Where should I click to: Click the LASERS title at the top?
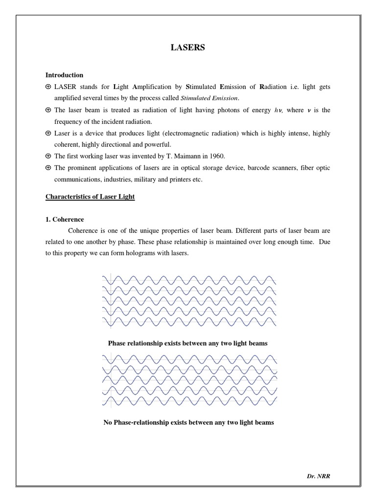point(188,47)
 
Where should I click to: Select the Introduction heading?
point(64,75)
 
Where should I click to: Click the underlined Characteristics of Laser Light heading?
point(90,197)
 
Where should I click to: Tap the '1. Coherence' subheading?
point(65,220)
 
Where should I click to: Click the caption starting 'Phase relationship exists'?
point(188,343)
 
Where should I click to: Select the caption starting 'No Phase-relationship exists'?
point(188,422)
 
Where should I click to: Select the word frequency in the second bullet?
point(68,121)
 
